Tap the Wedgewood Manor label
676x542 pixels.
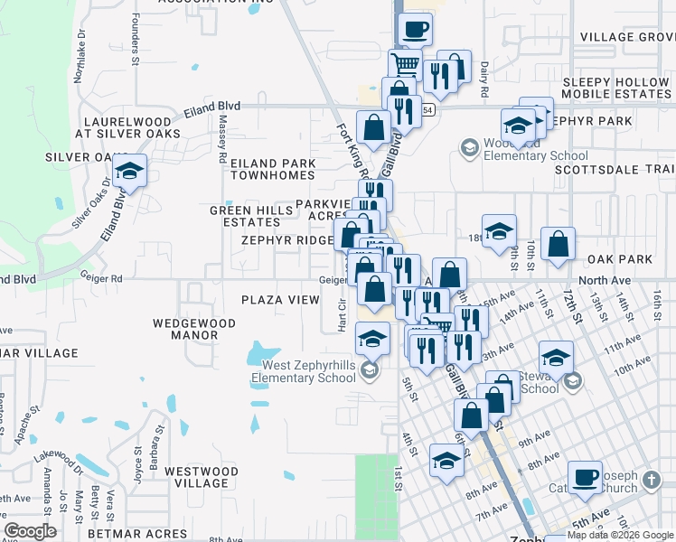pos(194,329)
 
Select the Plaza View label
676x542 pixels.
pos(280,300)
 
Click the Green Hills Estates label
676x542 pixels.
pos(251,216)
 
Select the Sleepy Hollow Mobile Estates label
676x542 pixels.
pos(616,88)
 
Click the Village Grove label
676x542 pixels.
pos(627,37)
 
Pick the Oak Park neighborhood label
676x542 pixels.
pos(620,259)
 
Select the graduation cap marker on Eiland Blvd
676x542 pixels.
pos(129,172)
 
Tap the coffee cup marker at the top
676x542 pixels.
pos(415,30)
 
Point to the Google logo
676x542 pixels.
pos(30,531)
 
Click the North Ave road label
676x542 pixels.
pos(605,281)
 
